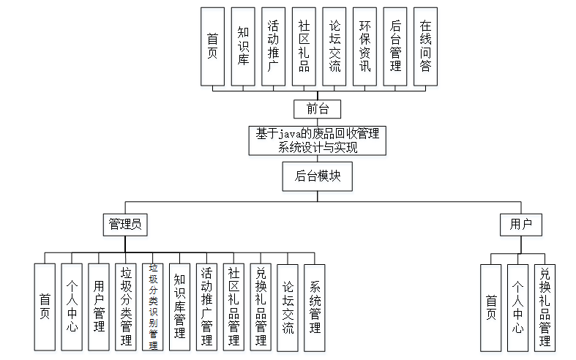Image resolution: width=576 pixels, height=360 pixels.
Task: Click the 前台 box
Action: click(316, 109)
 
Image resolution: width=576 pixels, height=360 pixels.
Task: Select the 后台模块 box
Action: click(316, 176)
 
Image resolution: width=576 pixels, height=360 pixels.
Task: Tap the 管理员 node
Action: click(124, 225)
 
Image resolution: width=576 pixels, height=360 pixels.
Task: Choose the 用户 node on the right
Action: click(520, 225)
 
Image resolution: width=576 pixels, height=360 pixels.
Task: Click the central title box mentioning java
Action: click(316, 140)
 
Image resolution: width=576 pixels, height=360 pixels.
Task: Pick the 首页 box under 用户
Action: click(490, 308)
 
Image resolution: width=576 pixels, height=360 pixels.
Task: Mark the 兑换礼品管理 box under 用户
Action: click(545, 308)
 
